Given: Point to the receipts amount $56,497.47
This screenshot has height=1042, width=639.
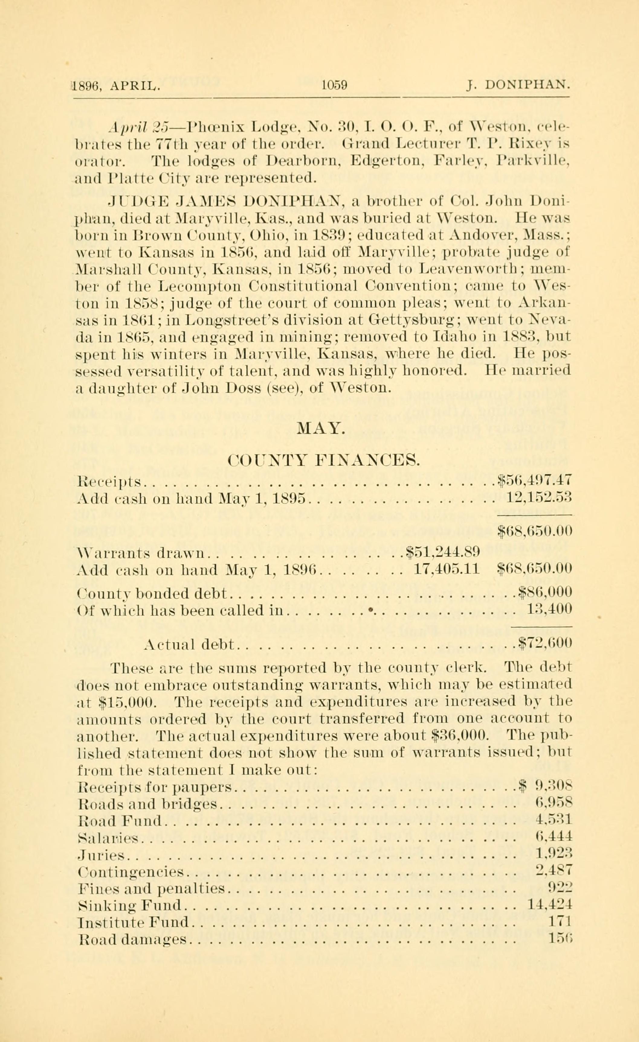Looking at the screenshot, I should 534,480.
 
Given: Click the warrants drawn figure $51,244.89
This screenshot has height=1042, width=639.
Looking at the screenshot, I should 442,551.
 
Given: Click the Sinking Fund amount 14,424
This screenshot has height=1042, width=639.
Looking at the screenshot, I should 550,904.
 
